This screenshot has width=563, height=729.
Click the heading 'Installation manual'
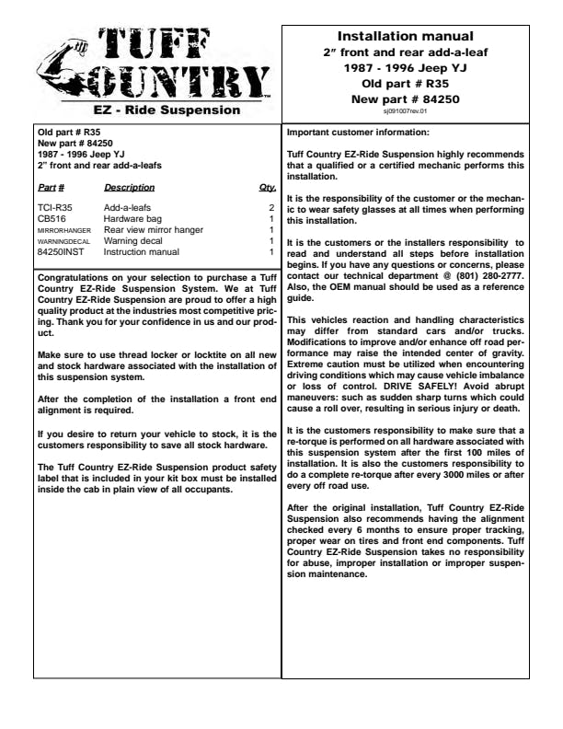[x=406, y=37]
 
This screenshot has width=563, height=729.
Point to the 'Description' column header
[x=129, y=188]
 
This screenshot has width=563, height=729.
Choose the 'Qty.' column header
[x=267, y=188]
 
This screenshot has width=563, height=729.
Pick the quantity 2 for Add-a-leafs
[x=271, y=209]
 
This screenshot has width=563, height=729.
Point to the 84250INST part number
[x=59, y=251]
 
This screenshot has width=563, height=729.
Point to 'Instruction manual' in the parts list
[x=143, y=251]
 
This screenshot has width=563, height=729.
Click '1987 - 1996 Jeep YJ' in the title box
[x=406, y=67]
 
